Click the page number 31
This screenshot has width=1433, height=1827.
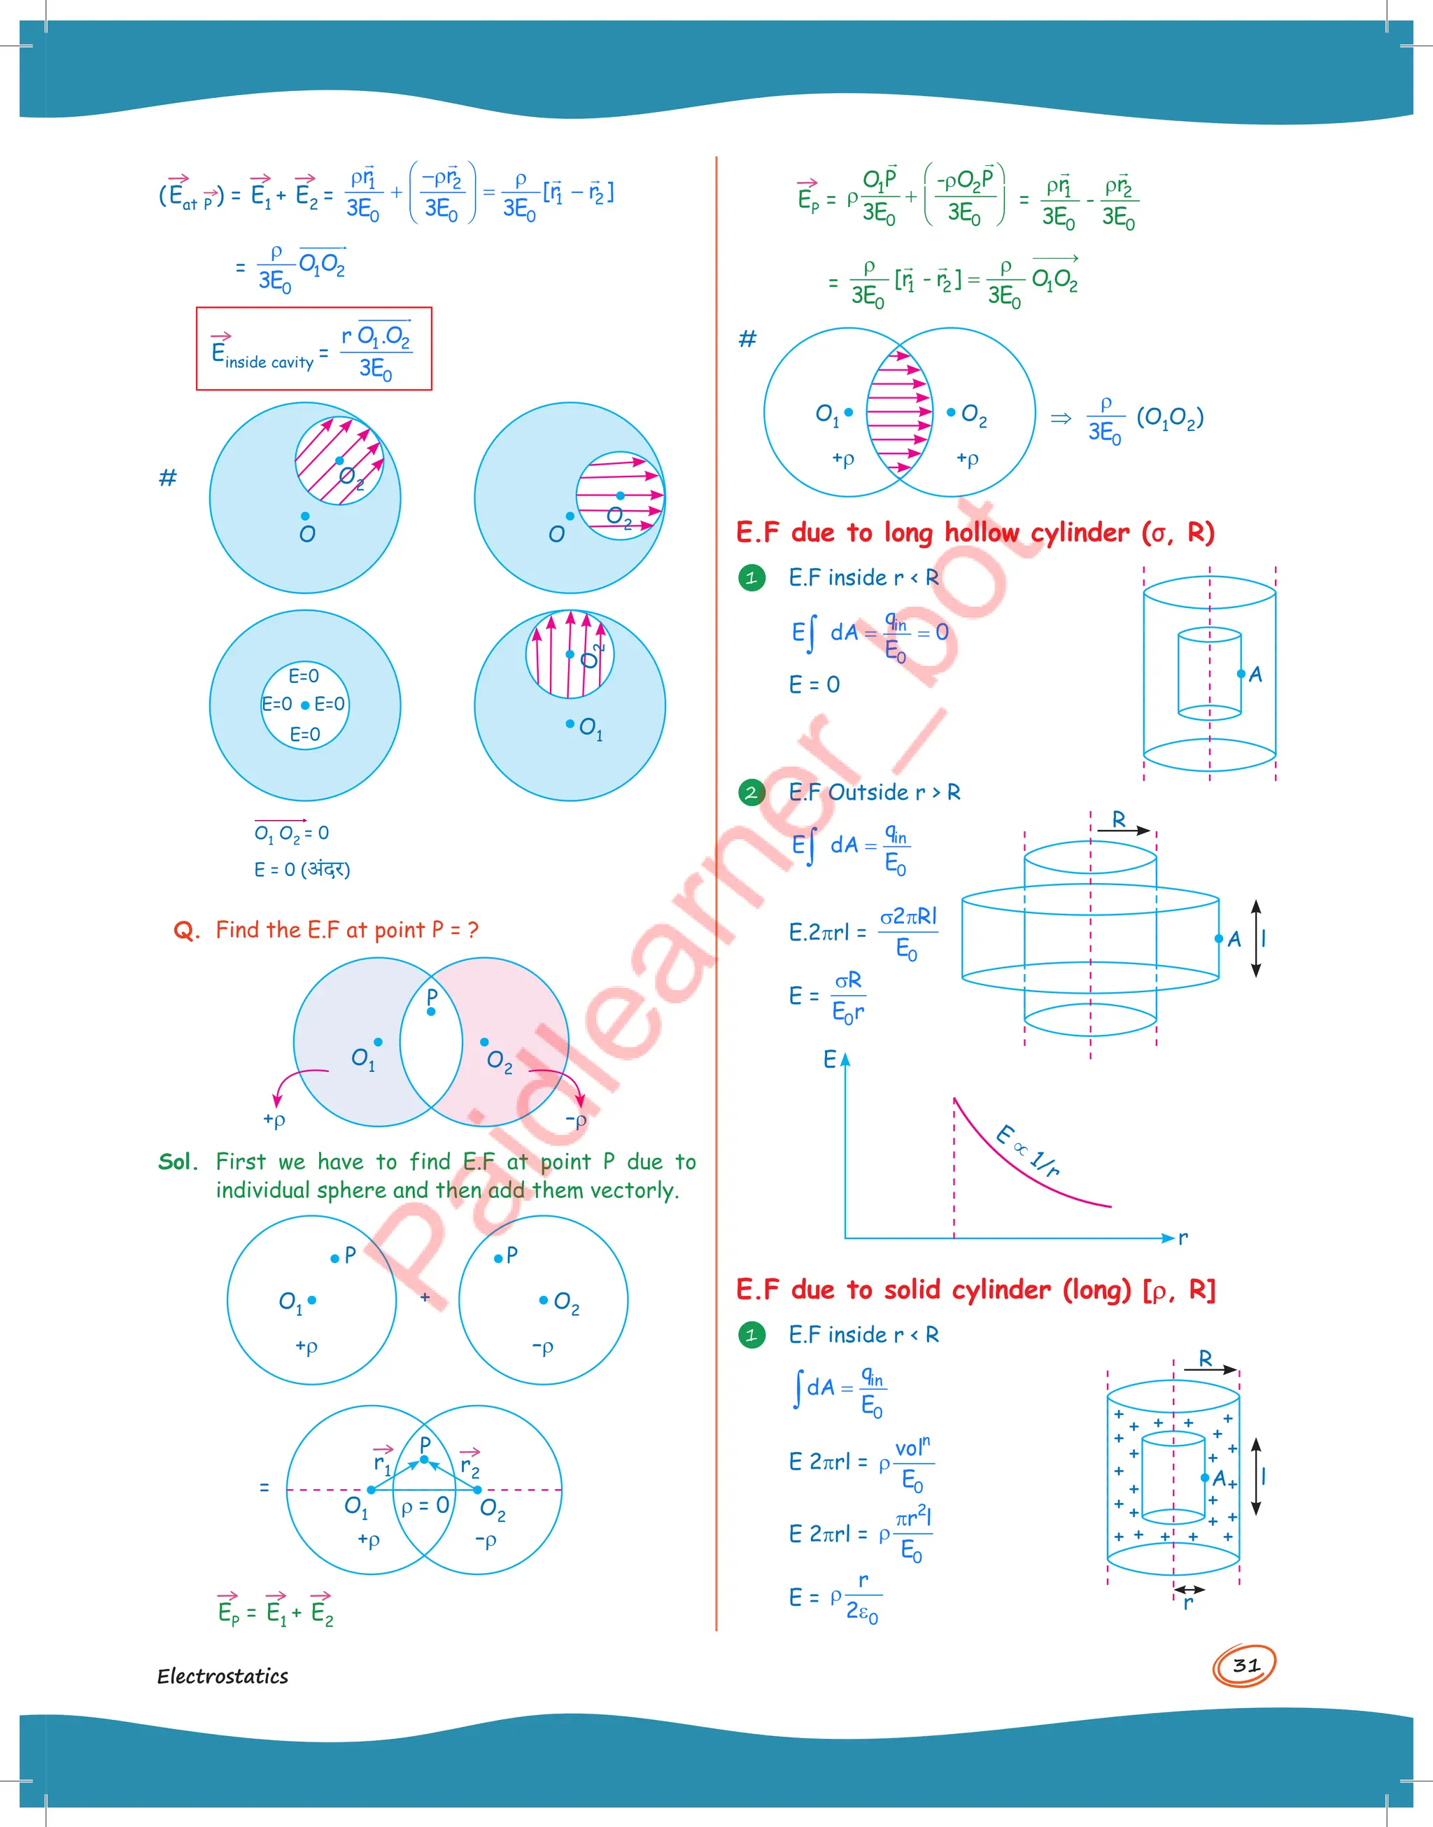(1245, 1665)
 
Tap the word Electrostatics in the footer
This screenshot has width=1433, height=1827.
(223, 1676)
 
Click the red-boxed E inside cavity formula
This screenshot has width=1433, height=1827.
(313, 349)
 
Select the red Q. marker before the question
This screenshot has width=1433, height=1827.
(186, 930)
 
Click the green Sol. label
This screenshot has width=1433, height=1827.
(177, 1162)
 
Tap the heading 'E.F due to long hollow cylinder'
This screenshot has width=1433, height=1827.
(974, 532)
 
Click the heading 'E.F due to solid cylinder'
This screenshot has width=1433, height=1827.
(975, 1290)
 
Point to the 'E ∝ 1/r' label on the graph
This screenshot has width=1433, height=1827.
(1028, 1150)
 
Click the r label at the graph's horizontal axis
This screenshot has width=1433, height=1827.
(1183, 1237)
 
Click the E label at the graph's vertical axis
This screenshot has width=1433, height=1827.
(829, 1059)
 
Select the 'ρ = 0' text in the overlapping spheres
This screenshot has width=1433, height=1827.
(425, 1507)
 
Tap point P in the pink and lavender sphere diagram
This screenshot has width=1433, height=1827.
(431, 1011)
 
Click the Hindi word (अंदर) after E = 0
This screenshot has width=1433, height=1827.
(325, 869)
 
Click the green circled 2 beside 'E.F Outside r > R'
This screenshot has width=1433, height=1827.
(751, 792)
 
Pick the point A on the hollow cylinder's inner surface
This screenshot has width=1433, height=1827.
(1241, 674)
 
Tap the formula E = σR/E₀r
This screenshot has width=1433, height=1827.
(826, 996)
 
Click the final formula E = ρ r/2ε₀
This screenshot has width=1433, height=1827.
(834, 1597)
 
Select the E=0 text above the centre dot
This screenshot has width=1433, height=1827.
(304, 676)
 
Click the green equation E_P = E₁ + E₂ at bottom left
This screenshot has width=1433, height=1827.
(275, 1611)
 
